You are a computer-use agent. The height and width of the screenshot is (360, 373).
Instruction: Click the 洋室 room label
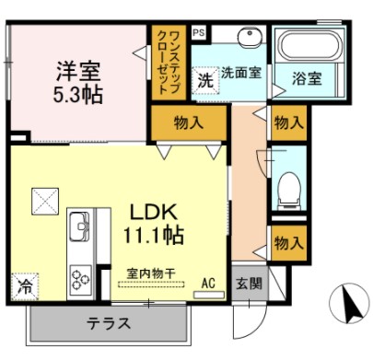click(79, 70)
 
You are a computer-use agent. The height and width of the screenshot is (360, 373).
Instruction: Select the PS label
click(199, 32)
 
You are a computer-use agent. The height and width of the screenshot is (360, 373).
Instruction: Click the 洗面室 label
click(240, 73)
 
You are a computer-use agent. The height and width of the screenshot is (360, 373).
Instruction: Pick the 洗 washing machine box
click(205, 80)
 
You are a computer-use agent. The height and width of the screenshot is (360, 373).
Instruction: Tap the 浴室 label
click(308, 79)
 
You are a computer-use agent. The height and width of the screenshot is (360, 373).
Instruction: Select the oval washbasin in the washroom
click(250, 38)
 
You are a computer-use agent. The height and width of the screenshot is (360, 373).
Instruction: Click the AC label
click(208, 284)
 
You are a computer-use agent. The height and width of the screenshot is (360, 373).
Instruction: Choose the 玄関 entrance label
click(246, 284)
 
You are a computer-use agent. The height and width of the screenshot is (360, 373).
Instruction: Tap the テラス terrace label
click(108, 323)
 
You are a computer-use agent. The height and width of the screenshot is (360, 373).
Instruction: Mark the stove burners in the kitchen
click(79, 275)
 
